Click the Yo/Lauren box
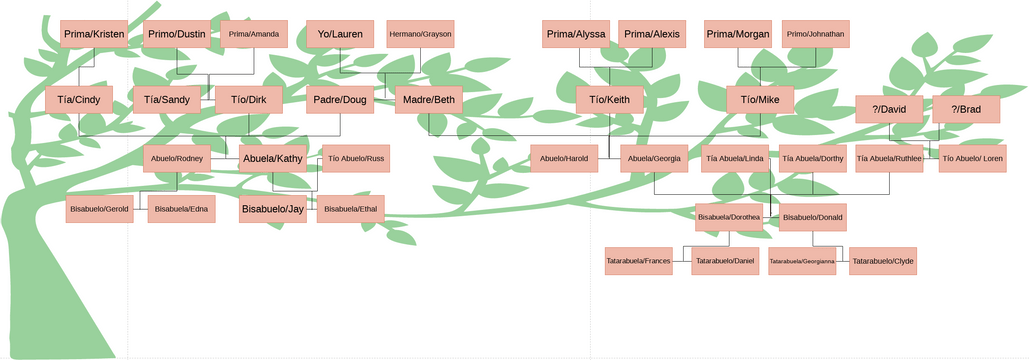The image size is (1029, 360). coord(340,34)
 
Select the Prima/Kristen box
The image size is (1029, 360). coord(94,34)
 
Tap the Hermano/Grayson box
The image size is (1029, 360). coord(420,34)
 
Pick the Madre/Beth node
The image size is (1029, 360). coord(429,100)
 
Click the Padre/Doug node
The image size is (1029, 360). coord(340,100)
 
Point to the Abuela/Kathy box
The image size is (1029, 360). coord(273,158)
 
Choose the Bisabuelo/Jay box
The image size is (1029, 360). coord(273,209)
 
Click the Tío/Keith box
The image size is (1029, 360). coord(609,100)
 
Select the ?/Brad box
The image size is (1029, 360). coord(966,109)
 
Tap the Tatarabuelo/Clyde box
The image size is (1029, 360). coord(883,262)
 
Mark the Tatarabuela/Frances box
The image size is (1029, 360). coord(638,262)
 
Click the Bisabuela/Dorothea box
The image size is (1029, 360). coord(729,217)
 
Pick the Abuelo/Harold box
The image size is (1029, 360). coord(564,158)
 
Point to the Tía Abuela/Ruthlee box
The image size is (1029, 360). coord(889,158)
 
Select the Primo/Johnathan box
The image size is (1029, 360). coord(816,34)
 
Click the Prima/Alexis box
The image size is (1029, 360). coord(652,34)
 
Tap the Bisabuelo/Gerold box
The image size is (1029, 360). coord(99,209)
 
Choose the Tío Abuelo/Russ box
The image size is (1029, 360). coord(355,158)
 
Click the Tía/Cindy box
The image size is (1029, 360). coord(79,100)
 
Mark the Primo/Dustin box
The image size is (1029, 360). coord(177,34)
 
